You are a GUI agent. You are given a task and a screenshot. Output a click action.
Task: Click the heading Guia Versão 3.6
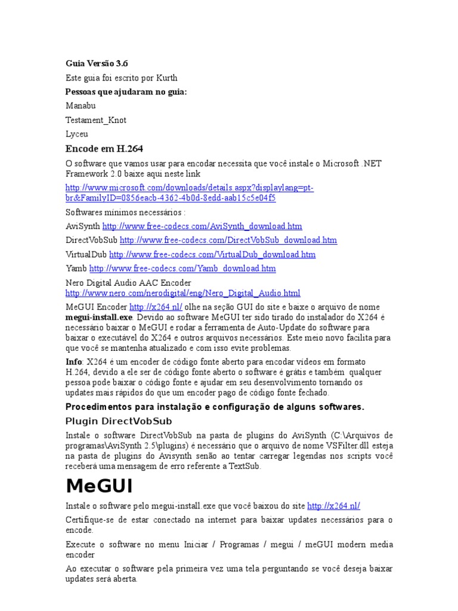[x=96, y=63]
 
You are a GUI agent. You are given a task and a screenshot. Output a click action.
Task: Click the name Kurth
[x=166, y=78]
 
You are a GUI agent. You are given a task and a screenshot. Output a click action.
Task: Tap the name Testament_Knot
[x=95, y=120]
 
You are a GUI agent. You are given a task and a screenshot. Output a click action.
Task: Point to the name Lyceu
[x=77, y=134]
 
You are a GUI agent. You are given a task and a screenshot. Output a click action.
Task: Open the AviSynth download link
[x=202, y=226]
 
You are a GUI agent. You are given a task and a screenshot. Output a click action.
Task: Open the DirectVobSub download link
[x=228, y=240]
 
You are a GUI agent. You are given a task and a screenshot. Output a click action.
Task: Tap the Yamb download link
[x=182, y=269]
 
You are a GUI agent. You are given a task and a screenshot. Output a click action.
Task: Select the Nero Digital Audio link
[x=182, y=294]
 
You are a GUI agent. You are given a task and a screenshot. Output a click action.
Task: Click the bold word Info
[x=74, y=362]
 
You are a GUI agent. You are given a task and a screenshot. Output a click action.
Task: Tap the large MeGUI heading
[x=98, y=486]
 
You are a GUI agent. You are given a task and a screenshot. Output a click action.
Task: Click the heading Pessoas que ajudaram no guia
[x=126, y=91]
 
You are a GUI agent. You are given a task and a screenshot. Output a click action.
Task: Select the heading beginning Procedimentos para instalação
[x=214, y=407]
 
